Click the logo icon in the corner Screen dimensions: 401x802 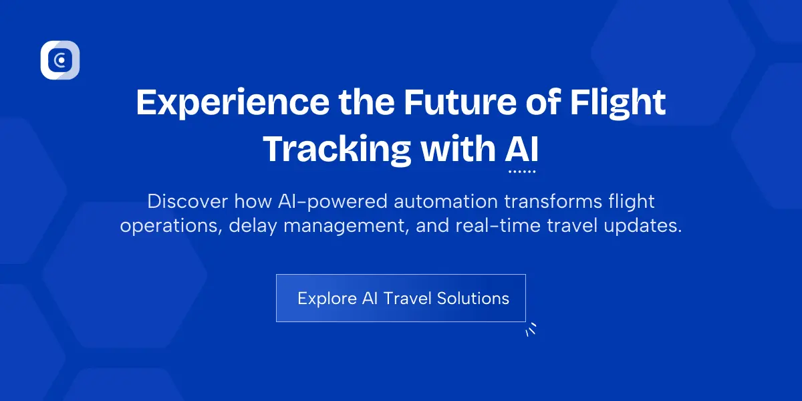pyautogui.click(x=60, y=60)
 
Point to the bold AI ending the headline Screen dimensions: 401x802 pyautogui.click(x=521, y=150)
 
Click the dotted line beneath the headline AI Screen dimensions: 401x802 pyautogui.click(x=522, y=172)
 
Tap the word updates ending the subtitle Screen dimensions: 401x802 pyautogui.click(x=646, y=226)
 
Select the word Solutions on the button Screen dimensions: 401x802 pyautogui.click(x=473, y=298)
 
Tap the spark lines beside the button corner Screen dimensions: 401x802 pyautogui.click(x=531, y=329)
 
